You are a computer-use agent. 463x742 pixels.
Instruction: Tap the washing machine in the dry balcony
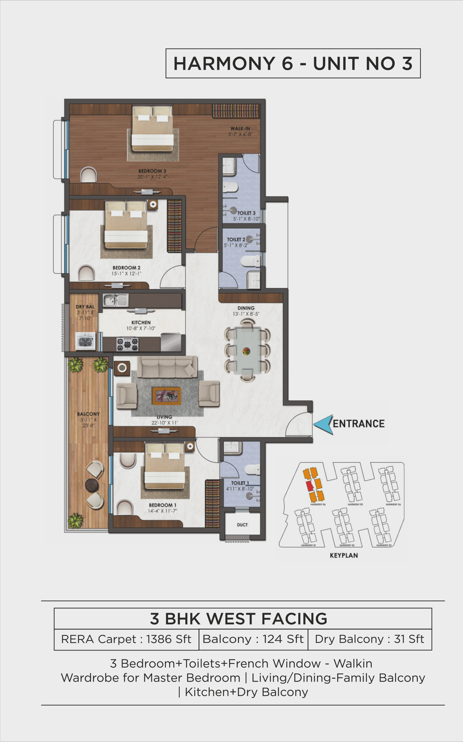pyautogui.click(x=85, y=341)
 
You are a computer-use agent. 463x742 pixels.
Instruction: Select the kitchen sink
pyautogui.click(x=115, y=300)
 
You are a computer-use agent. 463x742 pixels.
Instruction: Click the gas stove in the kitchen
pyautogui.click(x=127, y=344)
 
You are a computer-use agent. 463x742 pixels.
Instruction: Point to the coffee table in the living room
pyautogui.click(x=166, y=396)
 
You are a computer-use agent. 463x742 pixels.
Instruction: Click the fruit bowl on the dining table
pyautogui.click(x=246, y=351)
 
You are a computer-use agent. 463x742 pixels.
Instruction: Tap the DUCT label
pyautogui.click(x=242, y=525)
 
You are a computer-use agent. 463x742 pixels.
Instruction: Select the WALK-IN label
pyautogui.click(x=240, y=128)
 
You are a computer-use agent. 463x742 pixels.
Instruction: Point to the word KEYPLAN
pyautogui.click(x=344, y=555)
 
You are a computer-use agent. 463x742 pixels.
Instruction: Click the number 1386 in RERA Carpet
pyautogui.click(x=159, y=639)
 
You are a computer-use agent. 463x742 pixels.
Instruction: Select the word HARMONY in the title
pyautogui.click(x=224, y=64)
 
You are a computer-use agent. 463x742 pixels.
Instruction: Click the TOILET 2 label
pyautogui.click(x=236, y=239)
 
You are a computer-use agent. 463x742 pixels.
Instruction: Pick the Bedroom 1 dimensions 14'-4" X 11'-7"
pyautogui.click(x=162, y=511)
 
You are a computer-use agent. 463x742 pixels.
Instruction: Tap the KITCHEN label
pyautogui.click(x=141, y=322)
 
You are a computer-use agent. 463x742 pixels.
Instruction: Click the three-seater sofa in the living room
pyautogui.click(x=167, y=367)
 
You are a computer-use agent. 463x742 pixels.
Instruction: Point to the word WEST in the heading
pyautogui.click(x=232, y=619)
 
